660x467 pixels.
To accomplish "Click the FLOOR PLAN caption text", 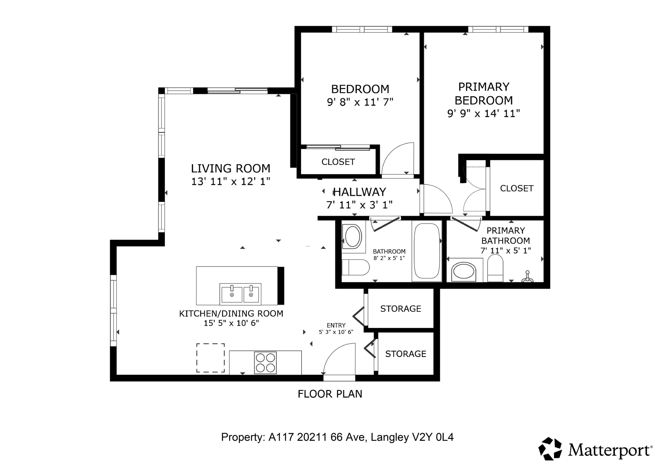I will coord(330,394).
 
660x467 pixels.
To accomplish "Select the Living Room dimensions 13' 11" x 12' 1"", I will coord(231,182).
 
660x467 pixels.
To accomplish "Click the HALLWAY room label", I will coord(359,192).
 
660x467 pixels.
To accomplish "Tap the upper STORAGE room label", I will coord(400,309).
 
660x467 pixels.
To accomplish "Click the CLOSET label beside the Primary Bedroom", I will coord(517,188).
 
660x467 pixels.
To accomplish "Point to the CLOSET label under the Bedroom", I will coord(338,162).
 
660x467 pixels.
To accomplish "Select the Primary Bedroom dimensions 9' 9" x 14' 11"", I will coord(484,113).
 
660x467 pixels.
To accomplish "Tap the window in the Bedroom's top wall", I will coord(362,29).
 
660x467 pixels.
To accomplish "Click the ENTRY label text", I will coord(336,325).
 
